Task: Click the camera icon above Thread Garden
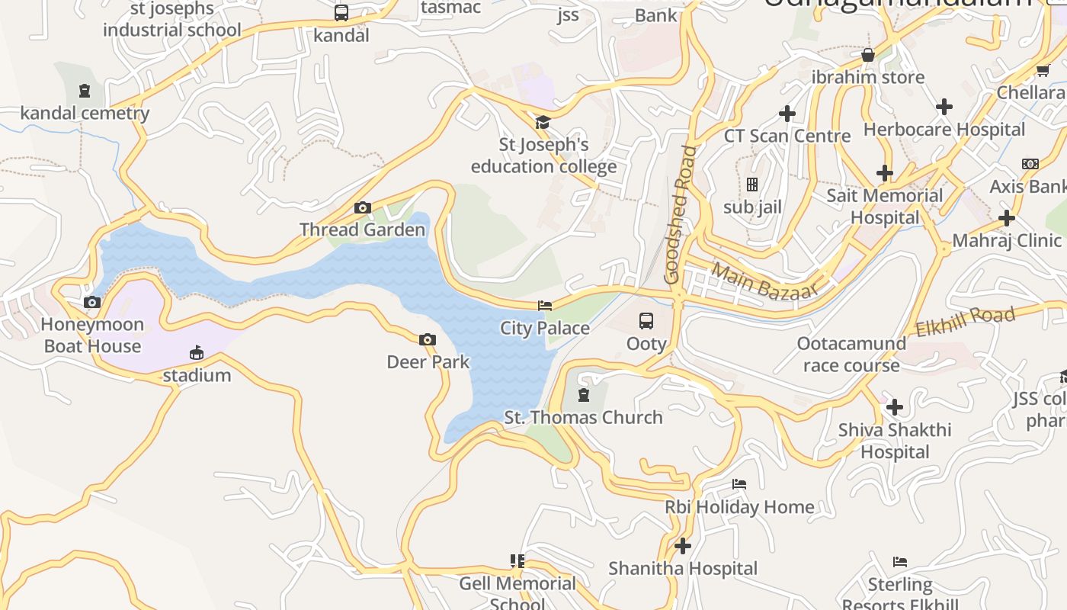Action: click(x=363, y=207)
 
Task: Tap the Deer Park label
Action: click(x=428, y=361)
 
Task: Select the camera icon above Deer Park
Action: click(x=428, y=340)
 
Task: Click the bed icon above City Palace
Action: click(x=545, y=306)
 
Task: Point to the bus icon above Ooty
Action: click(x=646, y=320)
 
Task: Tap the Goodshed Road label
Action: click(x=681, y=215)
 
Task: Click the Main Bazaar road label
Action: click(x=764, y=280)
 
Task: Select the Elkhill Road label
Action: click(x=966, y=321)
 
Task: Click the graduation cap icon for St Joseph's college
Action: click(x=543, y=122)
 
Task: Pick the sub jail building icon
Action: click(x=752, y=185)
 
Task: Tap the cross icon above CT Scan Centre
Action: click(x=787, y=114)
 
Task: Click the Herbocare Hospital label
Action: click(x=944, y=130)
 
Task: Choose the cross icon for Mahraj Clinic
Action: click(x=1007, y=218)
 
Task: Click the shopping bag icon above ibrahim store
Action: click(x=867, y=55)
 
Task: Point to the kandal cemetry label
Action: click(x=85, y=114)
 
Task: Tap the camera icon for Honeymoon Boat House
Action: click(x=92, y=303)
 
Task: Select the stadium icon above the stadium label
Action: click(x=197, y=352)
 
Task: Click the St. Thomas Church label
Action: click(x=584, y=417)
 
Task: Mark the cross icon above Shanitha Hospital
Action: click(x=683, y=546)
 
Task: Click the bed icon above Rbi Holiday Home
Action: click(x=739, y=484)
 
